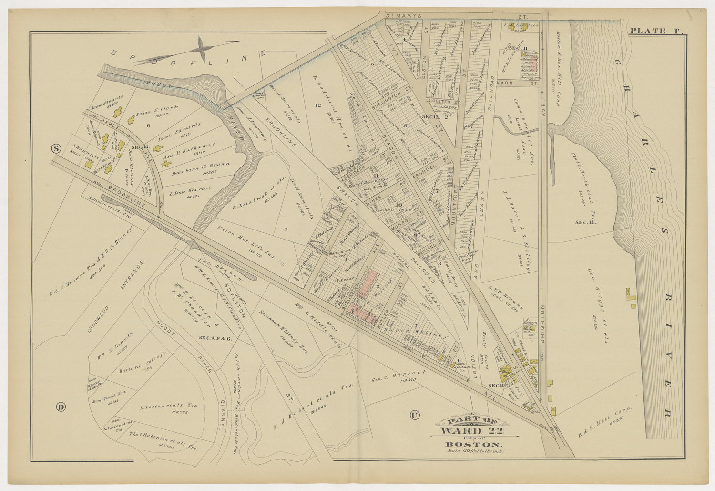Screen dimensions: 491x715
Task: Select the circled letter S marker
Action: click(x=56, y=148)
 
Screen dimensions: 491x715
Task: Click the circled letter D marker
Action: click(x=61, y=407)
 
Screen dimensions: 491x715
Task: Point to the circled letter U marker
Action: click(x=414, y=415)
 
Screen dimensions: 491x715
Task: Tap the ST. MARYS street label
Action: click(x=404, y=15)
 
